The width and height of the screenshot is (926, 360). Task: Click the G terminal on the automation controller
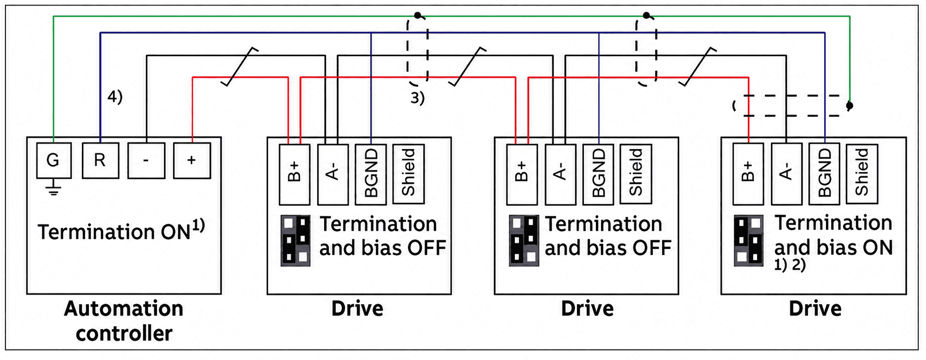tap(54, 160)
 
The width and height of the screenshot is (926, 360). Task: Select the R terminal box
tap(100, 160)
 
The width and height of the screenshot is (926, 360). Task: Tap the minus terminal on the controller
tap(146, 160)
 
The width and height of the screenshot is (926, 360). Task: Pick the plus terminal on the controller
tap(192, 160)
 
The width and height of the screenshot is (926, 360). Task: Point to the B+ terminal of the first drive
tap(294, 174)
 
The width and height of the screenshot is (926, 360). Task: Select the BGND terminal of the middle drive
tap(598, 174)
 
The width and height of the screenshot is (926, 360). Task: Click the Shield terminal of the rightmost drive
tap(862, 174)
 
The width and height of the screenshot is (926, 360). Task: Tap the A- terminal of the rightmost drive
tap(786, 174)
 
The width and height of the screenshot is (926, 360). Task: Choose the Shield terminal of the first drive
tap(408, 174)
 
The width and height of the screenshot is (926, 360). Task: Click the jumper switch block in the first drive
tap(296, 240)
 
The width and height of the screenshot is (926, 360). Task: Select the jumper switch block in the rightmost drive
tap(749, 240)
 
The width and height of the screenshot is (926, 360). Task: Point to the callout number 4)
tap(115, 97)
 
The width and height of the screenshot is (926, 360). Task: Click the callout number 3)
tap(418, 98)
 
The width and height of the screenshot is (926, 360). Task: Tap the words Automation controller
tap(124, 321)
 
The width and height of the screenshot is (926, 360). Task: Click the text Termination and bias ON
tap(833, 235)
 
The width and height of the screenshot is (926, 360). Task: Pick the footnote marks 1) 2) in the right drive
tap(790, 265)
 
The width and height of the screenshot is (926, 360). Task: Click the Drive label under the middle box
tap(587, 308)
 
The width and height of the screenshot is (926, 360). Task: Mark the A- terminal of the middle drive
tap(560, 174)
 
